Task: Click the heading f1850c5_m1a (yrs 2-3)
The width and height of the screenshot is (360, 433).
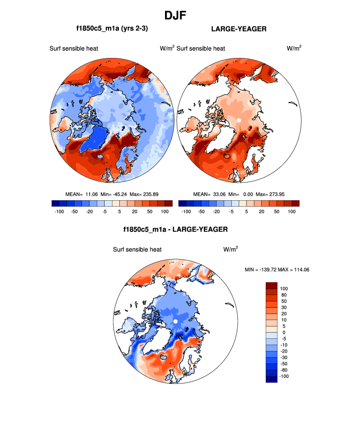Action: pos(112,29)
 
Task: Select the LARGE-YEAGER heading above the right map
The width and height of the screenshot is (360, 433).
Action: pos(239,29)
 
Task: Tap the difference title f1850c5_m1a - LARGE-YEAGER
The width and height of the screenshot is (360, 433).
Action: pos(175,229)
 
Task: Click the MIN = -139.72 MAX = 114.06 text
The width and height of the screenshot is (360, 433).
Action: pos(277,270)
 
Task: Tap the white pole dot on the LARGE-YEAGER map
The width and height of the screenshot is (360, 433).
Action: pos(239,120)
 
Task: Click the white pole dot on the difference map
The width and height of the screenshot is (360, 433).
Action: pos(175,321)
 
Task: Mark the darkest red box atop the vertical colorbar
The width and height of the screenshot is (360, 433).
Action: pos(272,285)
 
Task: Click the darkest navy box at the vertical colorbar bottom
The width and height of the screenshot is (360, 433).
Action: pos(272,379)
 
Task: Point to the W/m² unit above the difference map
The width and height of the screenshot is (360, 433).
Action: pos(230,249)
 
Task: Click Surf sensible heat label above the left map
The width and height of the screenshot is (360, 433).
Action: pos(74,48)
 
